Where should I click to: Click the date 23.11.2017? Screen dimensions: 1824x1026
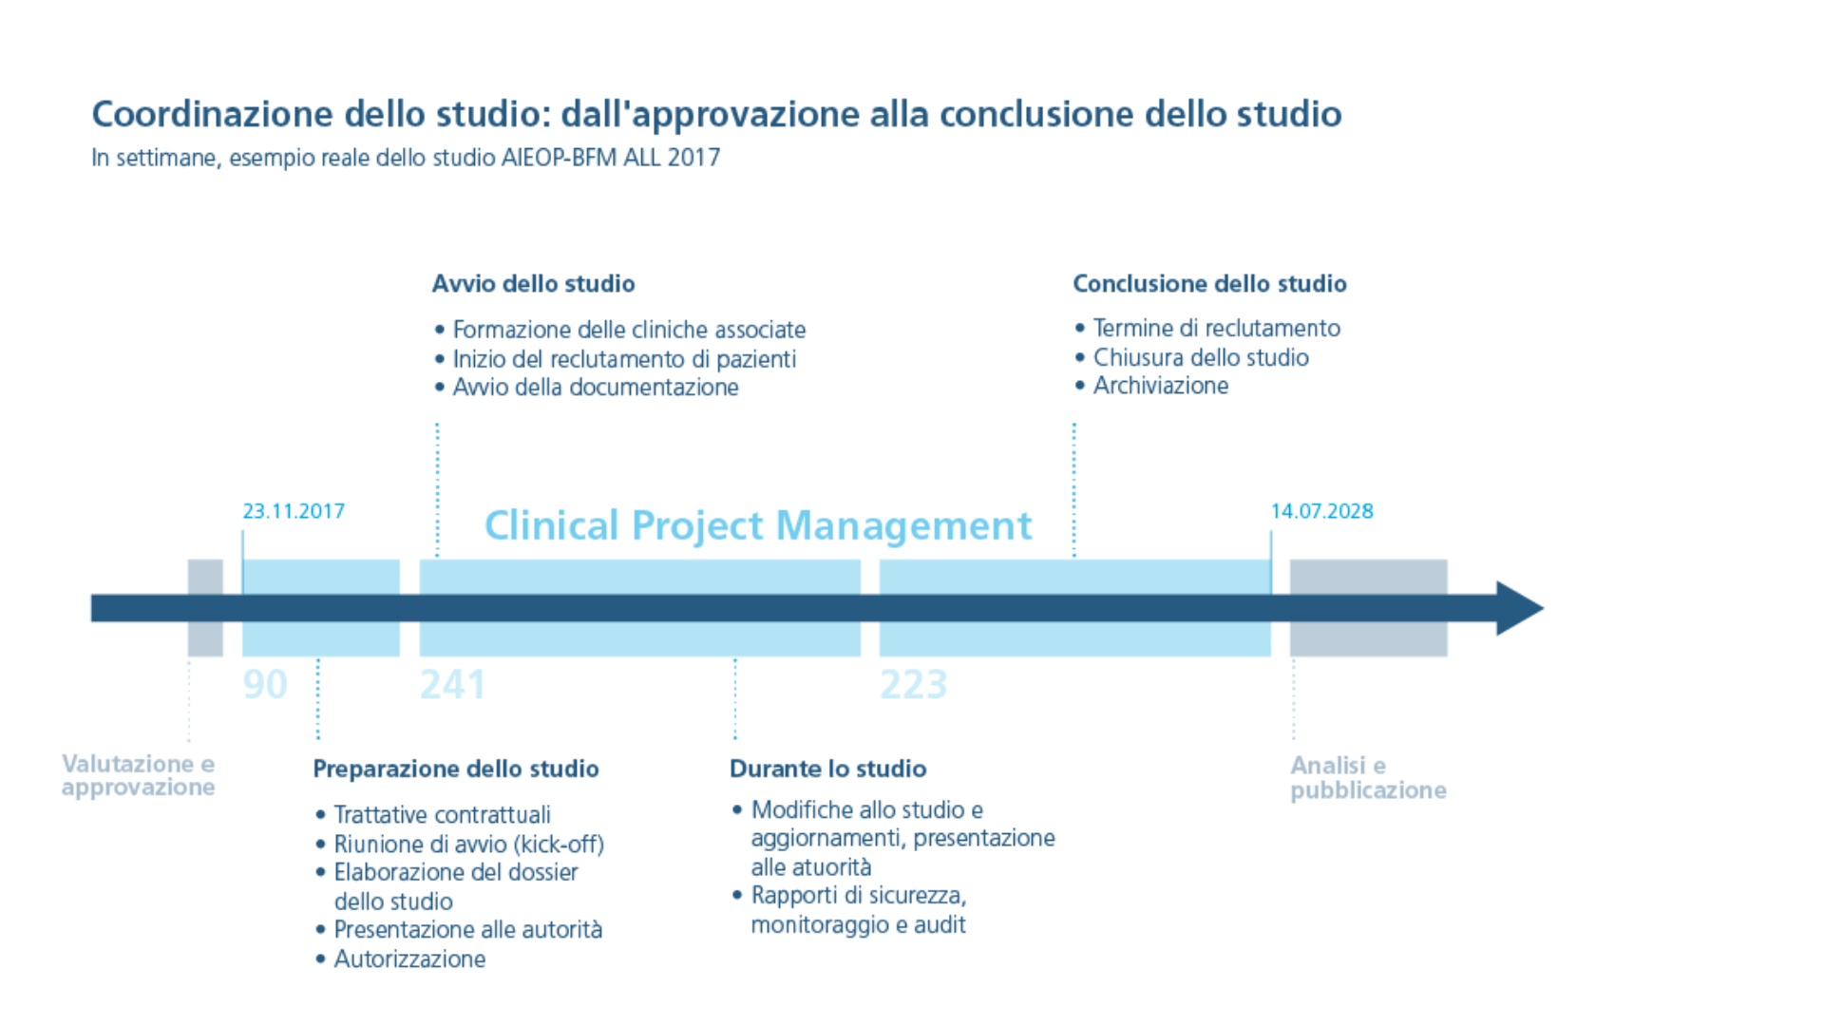(x=294, y=511)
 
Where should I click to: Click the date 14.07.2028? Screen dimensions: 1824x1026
(x=1322, y=511)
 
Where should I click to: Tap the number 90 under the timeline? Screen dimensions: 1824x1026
(x=265, y=685)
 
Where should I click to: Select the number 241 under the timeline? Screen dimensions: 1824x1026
(x=453, y=685)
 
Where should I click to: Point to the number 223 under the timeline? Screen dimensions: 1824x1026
(x=914, y=685)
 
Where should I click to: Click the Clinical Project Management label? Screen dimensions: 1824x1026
(x=758, y=525)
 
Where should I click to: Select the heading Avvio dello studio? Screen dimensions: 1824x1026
(x=534, y=283)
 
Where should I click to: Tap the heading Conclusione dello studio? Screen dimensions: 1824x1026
(x=1210, y=283)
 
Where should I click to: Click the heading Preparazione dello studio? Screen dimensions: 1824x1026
(x=456, y=769)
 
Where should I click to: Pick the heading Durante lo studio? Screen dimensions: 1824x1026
(x=828, y=769)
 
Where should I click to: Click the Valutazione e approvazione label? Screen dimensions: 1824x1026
(x=139, y=775)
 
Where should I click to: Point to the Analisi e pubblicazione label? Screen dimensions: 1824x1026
(x=1368, y=778)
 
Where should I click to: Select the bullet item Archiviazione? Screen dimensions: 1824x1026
(x=1161, y=386)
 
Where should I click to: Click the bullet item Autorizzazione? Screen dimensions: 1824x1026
(x=409, y=959)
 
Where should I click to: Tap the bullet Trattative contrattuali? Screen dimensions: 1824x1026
(x=442, y=815)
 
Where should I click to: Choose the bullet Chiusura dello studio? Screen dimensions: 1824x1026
(x=1201, y=357)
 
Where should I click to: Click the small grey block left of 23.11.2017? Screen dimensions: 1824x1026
(x=205, y=608)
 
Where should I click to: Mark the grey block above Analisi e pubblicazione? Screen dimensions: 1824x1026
(x=1369, y=608)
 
